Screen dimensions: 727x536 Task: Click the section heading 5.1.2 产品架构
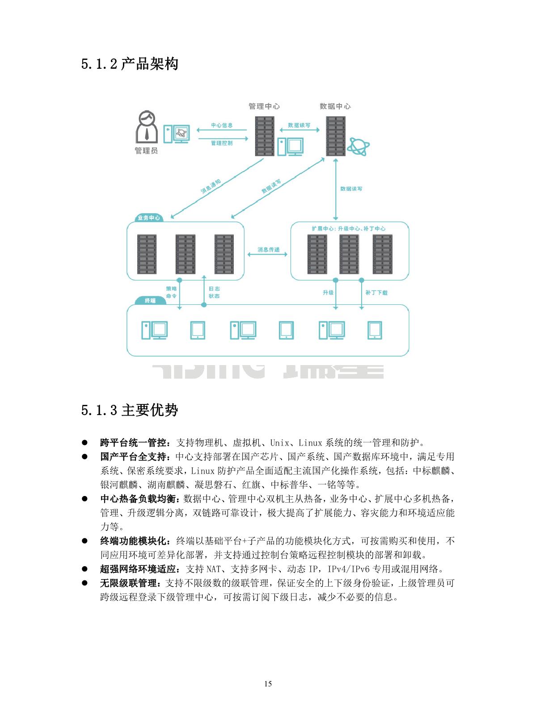point(130,64)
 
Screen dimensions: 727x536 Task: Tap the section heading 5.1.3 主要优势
point(130,410)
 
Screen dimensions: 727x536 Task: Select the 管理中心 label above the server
point(264,106)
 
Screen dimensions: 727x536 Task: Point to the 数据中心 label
point(335,106)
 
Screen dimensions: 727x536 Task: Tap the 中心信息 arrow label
point(222,125)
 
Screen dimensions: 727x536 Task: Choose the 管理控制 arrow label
point(222,143)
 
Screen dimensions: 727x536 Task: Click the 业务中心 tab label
point(149,218)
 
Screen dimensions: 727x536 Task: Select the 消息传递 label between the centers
point(268,249)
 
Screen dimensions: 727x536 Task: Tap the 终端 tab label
point(150,301)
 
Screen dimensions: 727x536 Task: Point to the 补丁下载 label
point(376,293)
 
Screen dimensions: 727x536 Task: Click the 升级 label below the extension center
point(328,293)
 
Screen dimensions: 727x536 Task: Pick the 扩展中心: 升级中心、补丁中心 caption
point(349,228)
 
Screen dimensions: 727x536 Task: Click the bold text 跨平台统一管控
point(134,443)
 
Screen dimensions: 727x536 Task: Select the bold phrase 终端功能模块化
point(134,541)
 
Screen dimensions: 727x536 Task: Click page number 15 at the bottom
point(268,684)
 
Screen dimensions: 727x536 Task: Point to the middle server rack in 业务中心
point(186,254)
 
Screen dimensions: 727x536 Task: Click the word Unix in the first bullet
point(279,443)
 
